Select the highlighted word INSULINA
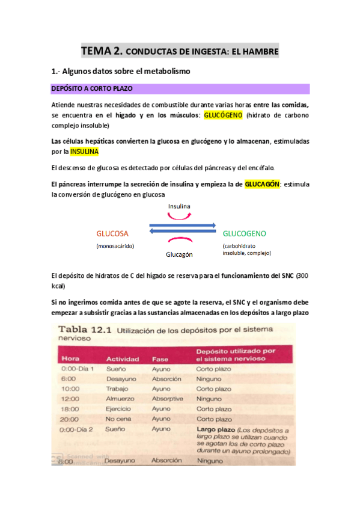(x=88, y=152)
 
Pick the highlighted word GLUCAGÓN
(x=261, y=185)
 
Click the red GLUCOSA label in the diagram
(x=112, y=233)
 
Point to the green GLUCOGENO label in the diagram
(x=244, y=233)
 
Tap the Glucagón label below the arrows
(x=179, y=254)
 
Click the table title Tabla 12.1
(x=84, y=330)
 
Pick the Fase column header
(x=160, y=358)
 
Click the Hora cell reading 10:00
(x=69, y=389)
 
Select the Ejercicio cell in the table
(x=120, y=408)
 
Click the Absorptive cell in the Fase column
(x=168, y=398)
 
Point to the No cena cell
(x=118, y=419)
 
